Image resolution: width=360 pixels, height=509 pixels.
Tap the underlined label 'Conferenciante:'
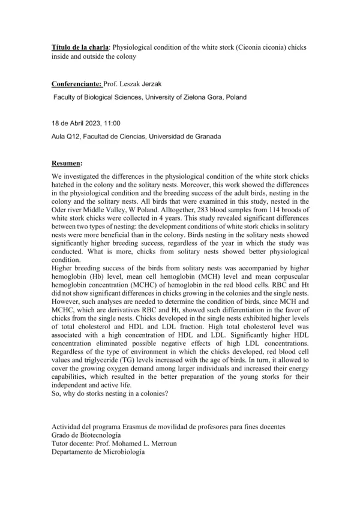(77, 86)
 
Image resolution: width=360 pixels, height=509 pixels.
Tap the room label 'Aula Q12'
(67, 136)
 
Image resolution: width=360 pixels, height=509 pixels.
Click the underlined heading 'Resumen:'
(67, 163)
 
